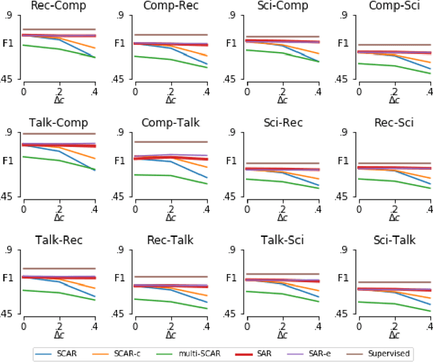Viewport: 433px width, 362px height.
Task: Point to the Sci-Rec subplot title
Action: tap(282, 122)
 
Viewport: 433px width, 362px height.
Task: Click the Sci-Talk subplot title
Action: tap(394, 240)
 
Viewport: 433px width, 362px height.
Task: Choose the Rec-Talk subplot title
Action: tap(170, 240)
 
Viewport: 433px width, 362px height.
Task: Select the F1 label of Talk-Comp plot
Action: tap(9, 161)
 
